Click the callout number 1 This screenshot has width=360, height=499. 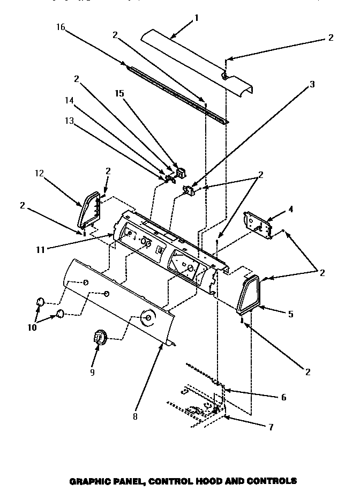196,18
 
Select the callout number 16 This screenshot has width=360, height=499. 60,27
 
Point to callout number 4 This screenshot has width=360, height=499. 291,210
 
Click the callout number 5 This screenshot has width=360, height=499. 290,314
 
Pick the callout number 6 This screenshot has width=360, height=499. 283,397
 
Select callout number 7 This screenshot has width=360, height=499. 271,427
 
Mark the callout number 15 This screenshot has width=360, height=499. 119,93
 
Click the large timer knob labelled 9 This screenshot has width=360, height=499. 100,338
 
